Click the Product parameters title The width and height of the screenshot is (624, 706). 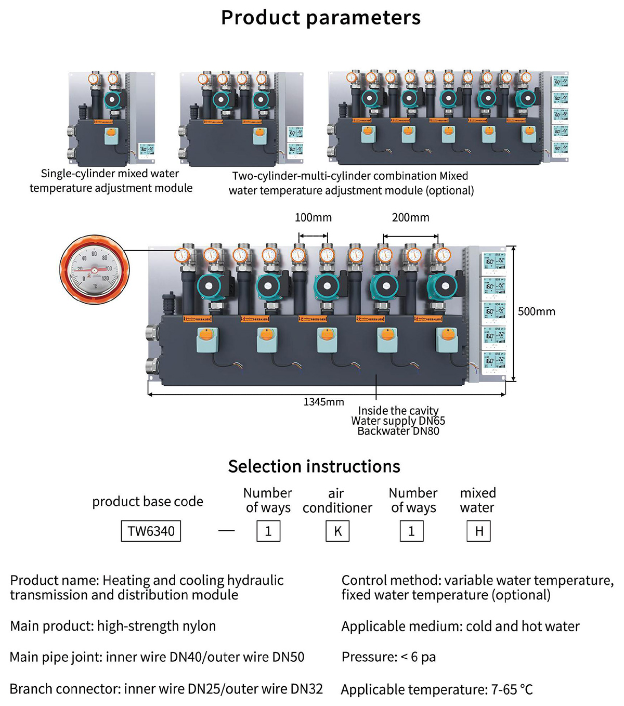coord(320,18)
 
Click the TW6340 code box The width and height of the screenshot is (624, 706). coord(151,531)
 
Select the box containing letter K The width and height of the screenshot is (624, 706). coord(337,531)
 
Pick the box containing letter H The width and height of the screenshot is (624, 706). coord(479,531)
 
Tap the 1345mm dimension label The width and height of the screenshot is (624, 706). coord(323,402)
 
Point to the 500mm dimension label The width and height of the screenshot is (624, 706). coord(536,311)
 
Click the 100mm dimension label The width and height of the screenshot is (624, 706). coord(313,217)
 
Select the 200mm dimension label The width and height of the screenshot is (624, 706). coord(410,217)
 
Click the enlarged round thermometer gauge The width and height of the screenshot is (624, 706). coord(94,270)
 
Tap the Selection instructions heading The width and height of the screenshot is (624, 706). coord(314,466)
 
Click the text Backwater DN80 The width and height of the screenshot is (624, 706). coord(398,431)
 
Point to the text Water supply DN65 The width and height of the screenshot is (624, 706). coord(398,421)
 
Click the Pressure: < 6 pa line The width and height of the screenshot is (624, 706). coord(388,657)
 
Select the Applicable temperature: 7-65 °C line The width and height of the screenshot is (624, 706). coord(437,689)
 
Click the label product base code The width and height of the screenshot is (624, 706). coord(148,502)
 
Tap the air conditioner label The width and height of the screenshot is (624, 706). coord(337,501)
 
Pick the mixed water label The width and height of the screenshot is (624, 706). coord(477,501)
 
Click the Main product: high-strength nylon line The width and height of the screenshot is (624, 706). coord(113,626)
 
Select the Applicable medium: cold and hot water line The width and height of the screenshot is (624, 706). coord(460,626)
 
